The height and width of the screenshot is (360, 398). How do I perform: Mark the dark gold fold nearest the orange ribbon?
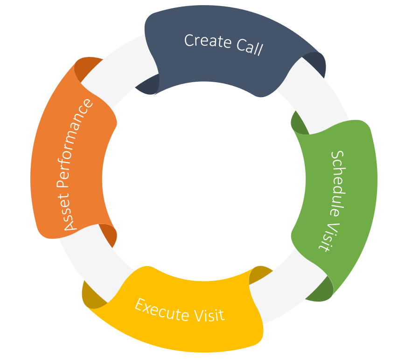[91, 294]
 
